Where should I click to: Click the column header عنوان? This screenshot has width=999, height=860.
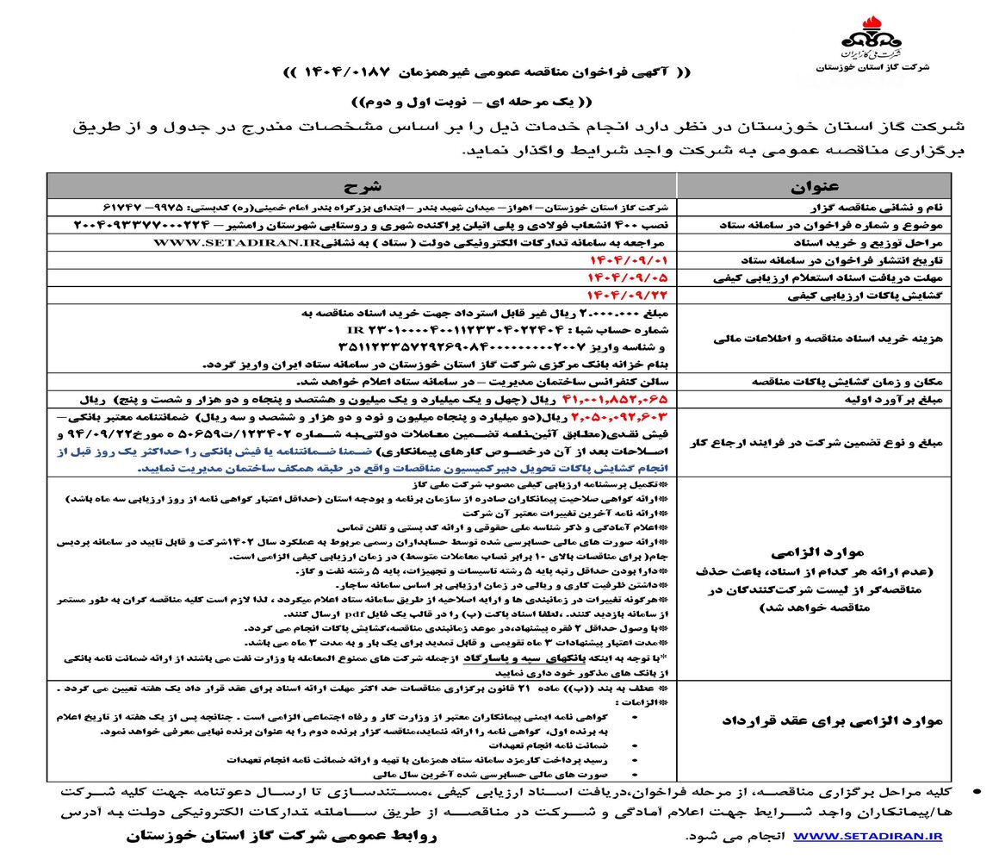(813, 185)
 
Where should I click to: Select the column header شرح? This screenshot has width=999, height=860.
(361, 185)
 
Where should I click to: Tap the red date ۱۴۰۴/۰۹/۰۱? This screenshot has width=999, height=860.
(633, 259)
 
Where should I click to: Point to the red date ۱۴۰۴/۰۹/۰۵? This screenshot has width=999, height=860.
(633, 277)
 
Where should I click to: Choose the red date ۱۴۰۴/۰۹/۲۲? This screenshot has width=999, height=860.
(633, 295)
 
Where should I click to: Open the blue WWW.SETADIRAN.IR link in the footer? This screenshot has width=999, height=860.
(867, 836)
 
